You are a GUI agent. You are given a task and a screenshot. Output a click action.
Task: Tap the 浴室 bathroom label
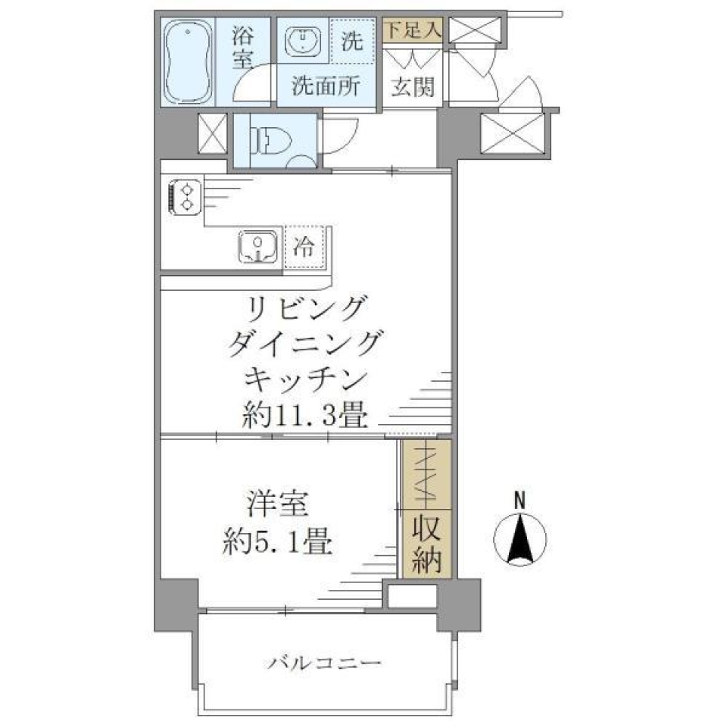pyautogui.click(x=242, y=48)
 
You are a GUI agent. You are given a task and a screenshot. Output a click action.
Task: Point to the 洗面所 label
pyautogui.click(x=326, y=86)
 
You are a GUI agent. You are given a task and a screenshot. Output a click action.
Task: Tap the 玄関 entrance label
pyautogui.click(x=413, y=87)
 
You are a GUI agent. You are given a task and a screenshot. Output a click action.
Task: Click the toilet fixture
pyautogui.click(x=269, y=140)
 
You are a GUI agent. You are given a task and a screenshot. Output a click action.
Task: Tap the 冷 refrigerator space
pyautogui.click(x=304, y=247)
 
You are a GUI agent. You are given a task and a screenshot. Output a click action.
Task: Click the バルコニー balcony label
pyautogui.click(x=323, y=664)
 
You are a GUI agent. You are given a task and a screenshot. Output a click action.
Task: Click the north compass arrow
pyautogui.click(x=520, y=539)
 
